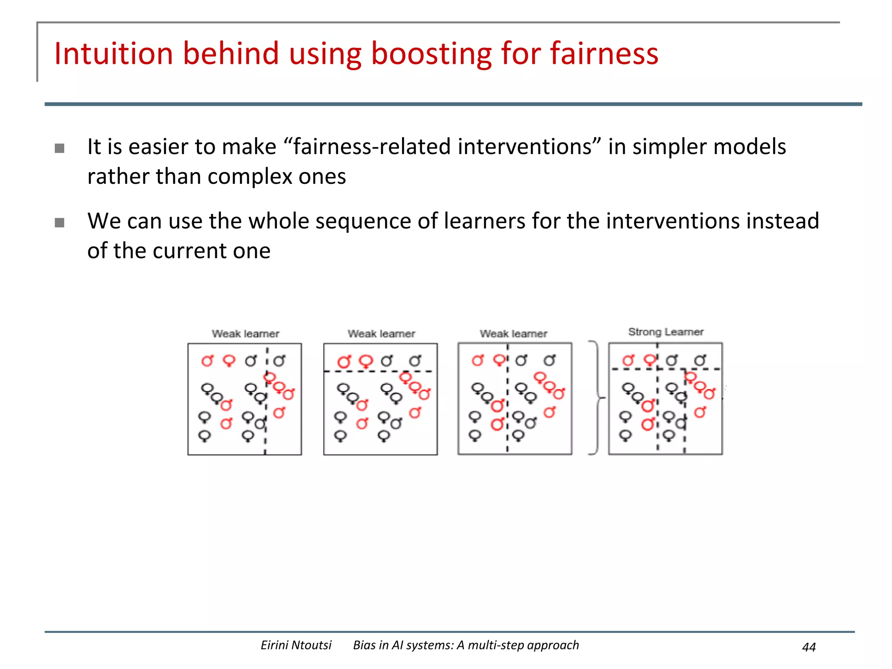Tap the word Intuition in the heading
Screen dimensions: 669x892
(x=114, y=54)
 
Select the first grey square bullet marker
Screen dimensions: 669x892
(x=60, y=149)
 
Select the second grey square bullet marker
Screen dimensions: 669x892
(x=60, y=223)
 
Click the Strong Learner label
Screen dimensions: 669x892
(x=666, y=332)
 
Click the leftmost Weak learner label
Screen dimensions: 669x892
(x=245, y=334)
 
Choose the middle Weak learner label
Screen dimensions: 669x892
(x=381, y=334)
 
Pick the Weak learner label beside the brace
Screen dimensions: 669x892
(x=513, y=334)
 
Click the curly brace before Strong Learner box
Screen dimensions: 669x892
(x=596, y=398)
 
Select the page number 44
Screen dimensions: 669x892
(x=808, y=647)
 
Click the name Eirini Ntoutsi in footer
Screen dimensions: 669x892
(x=296, y=645)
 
